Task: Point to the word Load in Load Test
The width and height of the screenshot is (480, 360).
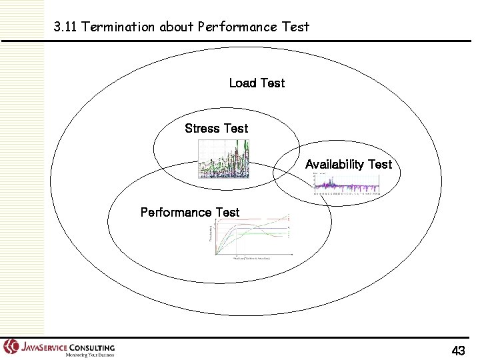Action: click(x=243, y=83)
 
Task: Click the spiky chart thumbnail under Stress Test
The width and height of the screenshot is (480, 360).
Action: click(x=224, y=160)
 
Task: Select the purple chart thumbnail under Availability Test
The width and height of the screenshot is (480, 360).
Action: click(x=347, y=184)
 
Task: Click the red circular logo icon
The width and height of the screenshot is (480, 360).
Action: click(x=11, y=347)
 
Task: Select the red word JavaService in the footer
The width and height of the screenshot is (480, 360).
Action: click(x=43, y=347)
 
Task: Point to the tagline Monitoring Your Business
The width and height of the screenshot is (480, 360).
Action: click(x=85, y=355)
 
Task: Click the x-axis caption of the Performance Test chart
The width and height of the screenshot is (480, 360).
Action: click(x=251, y=257)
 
